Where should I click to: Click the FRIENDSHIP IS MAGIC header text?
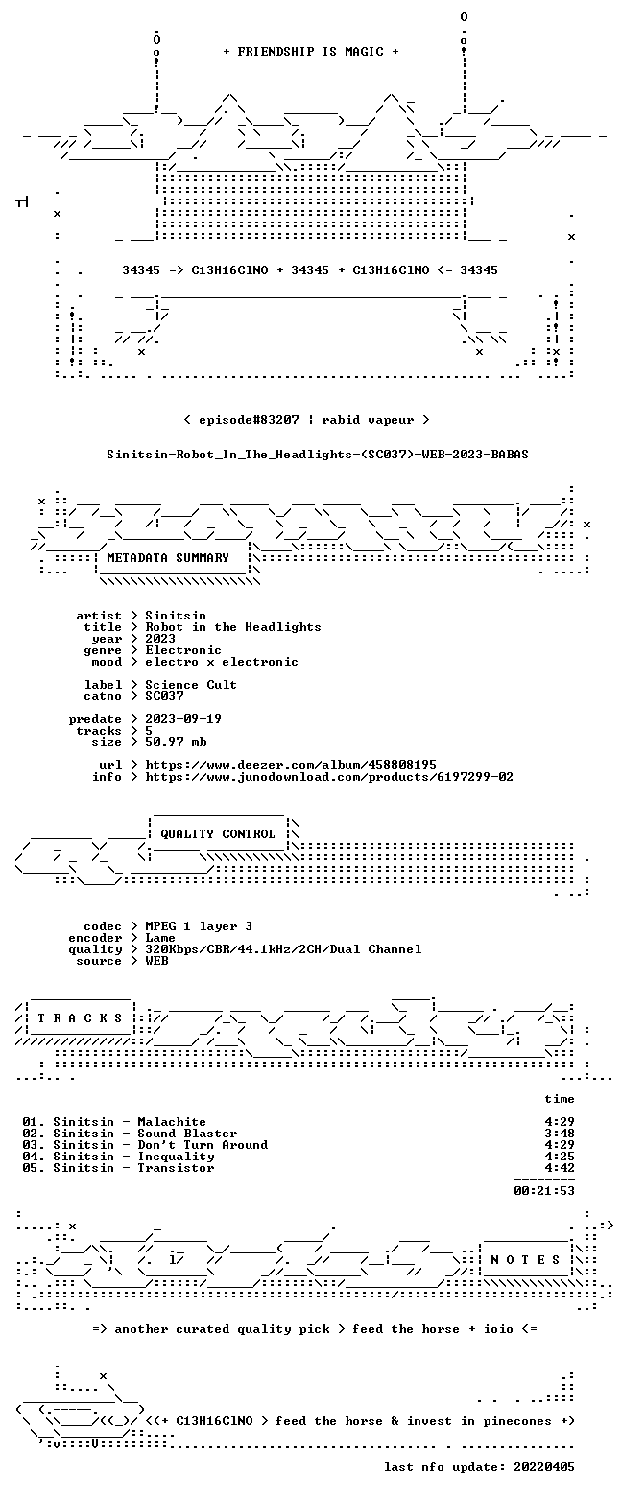point(311,52)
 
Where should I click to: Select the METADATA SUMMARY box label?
point(168,558)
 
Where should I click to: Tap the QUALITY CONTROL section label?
point(218,834)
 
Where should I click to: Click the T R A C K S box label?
point(81,1017)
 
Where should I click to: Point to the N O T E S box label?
point(525,1259)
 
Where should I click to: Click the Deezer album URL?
point(291,765)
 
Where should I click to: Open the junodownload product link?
point(329,777)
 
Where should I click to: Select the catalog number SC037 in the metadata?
point(164,696)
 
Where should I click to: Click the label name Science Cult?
point(191,685)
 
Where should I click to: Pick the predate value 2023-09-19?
point(183,719)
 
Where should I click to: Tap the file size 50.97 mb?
point(176,742)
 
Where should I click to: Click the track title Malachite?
point(172,1122)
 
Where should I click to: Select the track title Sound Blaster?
point(187,1134)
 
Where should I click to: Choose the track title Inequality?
point(176,1157)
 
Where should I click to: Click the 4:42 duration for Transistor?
point(560,1168)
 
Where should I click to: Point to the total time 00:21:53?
point(544,1191)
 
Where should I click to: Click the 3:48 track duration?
point(560,1134)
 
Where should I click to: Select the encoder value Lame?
point(160,938)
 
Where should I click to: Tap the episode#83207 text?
point(249,420)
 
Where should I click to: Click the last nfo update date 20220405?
point(544,1467)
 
